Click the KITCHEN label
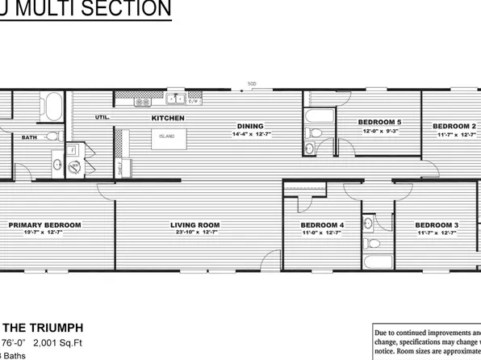click(x=168, y=118)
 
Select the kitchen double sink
click(x=175, y=100)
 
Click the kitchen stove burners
click(x=142, y=102)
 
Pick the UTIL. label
click(x=102, y=118)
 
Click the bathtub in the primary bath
click(x=52, y=107)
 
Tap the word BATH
click(x=29, y=138)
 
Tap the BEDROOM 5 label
click(x=379, y=122)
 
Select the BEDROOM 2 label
click(x=454, y=126)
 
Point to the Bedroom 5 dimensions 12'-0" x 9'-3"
click(x=379, y=131)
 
